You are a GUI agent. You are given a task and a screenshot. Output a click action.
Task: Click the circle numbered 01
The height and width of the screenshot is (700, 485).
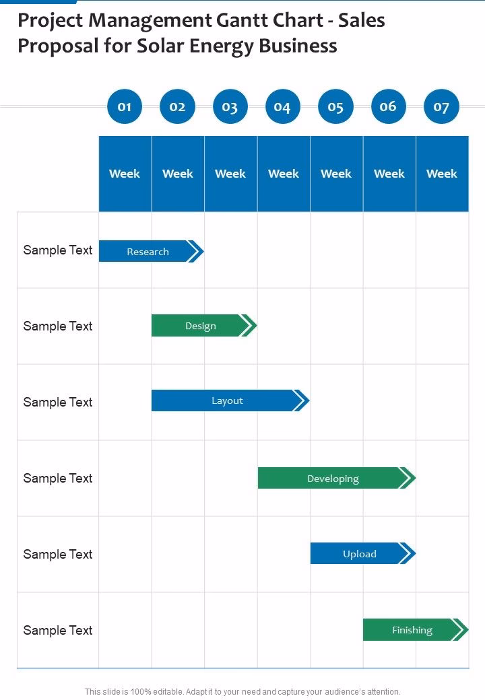(x=125, y=106)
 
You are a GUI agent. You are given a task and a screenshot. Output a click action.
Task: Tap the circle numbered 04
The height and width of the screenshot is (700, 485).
(x=283, y=106)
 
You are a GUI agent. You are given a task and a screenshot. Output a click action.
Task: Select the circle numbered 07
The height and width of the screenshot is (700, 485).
(x=441, y=106)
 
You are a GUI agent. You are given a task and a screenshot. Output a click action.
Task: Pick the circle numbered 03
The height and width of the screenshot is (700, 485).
(x=230, y=106)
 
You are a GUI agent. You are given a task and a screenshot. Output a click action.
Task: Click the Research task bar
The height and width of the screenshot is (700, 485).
(x=148, y=252)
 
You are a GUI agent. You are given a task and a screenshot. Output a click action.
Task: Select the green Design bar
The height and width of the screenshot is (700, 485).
(x=201, y=326)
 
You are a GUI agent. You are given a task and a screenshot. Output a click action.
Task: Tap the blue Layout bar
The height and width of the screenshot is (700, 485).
(x=227, y=401)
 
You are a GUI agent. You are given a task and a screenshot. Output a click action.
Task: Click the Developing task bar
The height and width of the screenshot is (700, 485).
(x=333, y=479)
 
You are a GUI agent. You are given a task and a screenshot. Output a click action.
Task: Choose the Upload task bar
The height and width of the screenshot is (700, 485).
(x=359, y=554)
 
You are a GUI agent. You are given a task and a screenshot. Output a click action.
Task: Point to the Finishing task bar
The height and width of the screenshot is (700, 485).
(x=412, y=630)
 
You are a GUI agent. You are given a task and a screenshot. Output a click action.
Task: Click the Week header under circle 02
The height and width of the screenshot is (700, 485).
(x=178, y=174)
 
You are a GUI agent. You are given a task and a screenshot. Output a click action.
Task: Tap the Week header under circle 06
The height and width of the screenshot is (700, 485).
(x=389, y=174)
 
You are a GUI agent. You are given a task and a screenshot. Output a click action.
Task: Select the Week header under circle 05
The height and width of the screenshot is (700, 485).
(x=336, y=174)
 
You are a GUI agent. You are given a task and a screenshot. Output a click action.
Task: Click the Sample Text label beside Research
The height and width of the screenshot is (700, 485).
(x=58, y=250)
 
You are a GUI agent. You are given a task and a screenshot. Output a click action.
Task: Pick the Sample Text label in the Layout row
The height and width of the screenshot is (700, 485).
(x=58, y=403)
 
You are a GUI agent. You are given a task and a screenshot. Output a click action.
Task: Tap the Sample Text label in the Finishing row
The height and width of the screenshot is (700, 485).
(x=58, y=631)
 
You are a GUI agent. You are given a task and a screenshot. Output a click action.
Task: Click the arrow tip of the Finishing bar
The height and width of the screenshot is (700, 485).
(x=461, y=630)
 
